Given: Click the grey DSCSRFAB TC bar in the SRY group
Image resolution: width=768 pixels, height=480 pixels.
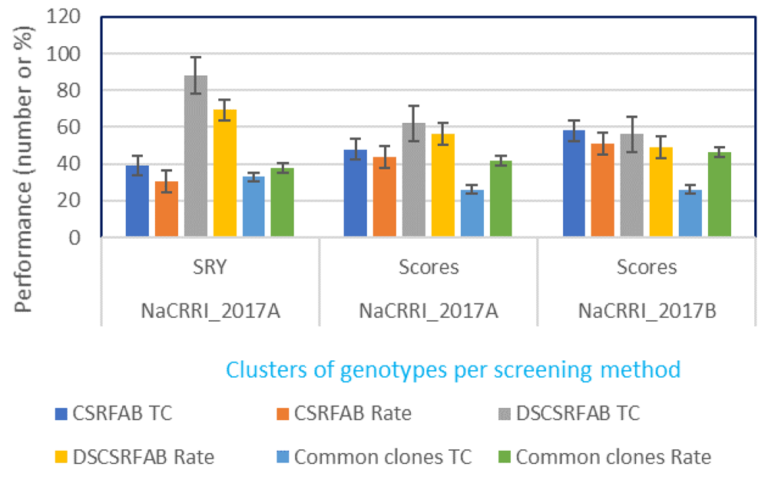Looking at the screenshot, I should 196,157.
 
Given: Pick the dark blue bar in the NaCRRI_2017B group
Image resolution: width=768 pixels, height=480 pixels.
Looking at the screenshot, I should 573,184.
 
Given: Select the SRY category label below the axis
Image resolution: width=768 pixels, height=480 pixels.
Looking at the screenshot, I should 210,267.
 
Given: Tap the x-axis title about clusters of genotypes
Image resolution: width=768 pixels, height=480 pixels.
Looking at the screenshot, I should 453,369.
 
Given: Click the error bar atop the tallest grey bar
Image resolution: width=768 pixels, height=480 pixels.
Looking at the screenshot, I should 196,75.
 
